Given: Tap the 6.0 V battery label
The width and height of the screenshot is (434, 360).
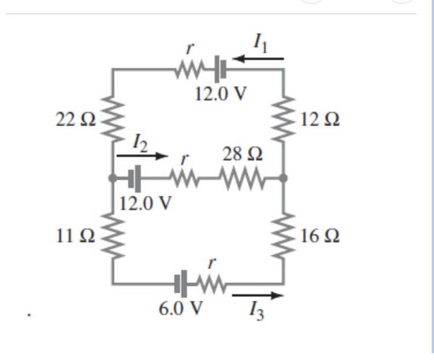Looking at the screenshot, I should [x=181, y=308].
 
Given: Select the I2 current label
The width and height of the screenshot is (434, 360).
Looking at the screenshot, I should [x=141, y=141].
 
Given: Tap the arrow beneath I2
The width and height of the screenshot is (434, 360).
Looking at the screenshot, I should [x=141, y=156].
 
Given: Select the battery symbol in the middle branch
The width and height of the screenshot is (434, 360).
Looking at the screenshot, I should [x=134, y=179].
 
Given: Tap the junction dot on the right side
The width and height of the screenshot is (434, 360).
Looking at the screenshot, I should [x=283, y=179].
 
